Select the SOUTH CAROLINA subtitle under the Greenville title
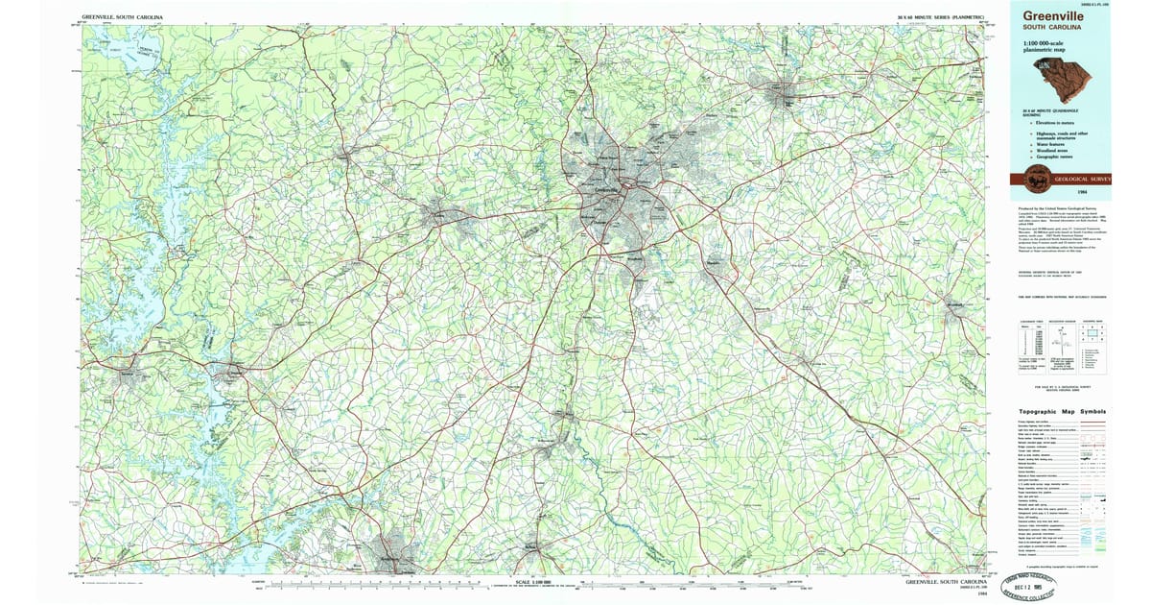coord(1052,29)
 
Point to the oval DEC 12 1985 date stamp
coord(1037,585)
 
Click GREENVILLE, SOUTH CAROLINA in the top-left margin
coord(122,17)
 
